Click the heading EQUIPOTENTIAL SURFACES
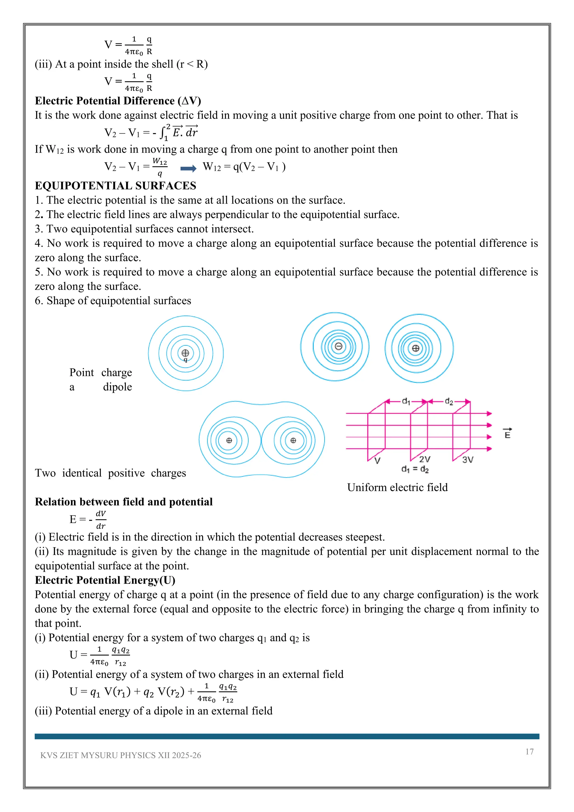(115, 186)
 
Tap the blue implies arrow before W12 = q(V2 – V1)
(188, 169)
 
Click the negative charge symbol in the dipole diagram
(339, 346)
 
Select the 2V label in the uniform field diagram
(425, 459)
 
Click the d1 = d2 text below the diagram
(415, 469)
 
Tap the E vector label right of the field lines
(508, 433)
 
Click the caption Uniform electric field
(397, 487)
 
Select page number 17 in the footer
(529, 751)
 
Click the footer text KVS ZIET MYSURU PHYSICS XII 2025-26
(121, 755)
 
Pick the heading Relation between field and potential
(124, 502)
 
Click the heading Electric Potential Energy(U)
(105, 580)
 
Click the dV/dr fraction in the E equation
(101, 520)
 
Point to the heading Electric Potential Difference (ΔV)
(118, 101)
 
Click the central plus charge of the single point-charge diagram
(185, 353)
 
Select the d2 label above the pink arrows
(449, 402)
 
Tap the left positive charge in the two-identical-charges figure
(229, 440)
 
